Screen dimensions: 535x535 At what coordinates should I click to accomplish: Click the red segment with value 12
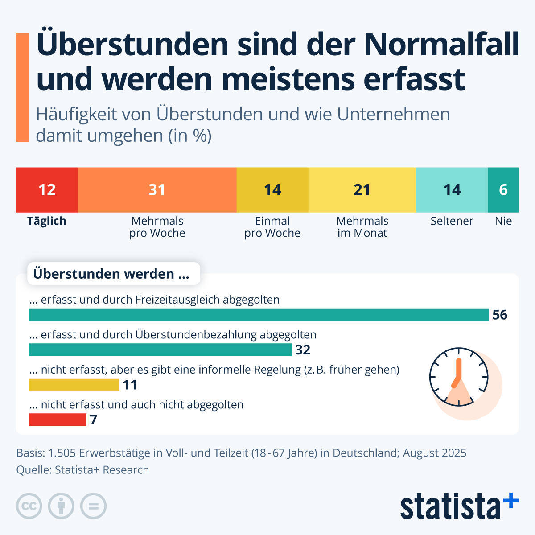pos(47,190)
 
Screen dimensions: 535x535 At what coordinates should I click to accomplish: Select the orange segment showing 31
pos(157,190)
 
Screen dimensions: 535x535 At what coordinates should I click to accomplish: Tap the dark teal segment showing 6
pos(503,190)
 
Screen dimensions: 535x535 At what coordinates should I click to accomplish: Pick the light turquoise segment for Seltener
pos(452,190)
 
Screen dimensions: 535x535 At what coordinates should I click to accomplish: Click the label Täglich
pos(46,221)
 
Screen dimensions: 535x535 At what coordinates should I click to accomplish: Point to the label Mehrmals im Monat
pos(362,227)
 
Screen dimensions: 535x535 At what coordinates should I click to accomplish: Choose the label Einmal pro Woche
pos(272,227)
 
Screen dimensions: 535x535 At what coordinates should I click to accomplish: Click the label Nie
pos(503,221)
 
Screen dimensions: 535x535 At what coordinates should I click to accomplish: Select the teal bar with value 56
pos(259,315)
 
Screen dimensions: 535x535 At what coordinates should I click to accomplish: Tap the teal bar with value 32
pos(160,350)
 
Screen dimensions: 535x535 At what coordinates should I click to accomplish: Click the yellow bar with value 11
pos(74,385)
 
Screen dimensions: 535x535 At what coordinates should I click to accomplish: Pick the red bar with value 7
pos(58,420)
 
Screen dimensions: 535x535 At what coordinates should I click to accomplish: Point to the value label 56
pos(500,315)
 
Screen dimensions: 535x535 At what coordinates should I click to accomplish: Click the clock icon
pos(459,377)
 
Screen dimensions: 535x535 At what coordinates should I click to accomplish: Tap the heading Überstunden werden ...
pos(111,274)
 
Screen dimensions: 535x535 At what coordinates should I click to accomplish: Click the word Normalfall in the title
pos(442,45)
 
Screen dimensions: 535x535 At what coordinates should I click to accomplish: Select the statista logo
pos(459,506)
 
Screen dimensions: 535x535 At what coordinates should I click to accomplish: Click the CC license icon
pos(29,506)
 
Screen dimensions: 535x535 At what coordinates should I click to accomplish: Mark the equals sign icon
pos(93,506)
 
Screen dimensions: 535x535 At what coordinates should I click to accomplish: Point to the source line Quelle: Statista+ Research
pos(82,470)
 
